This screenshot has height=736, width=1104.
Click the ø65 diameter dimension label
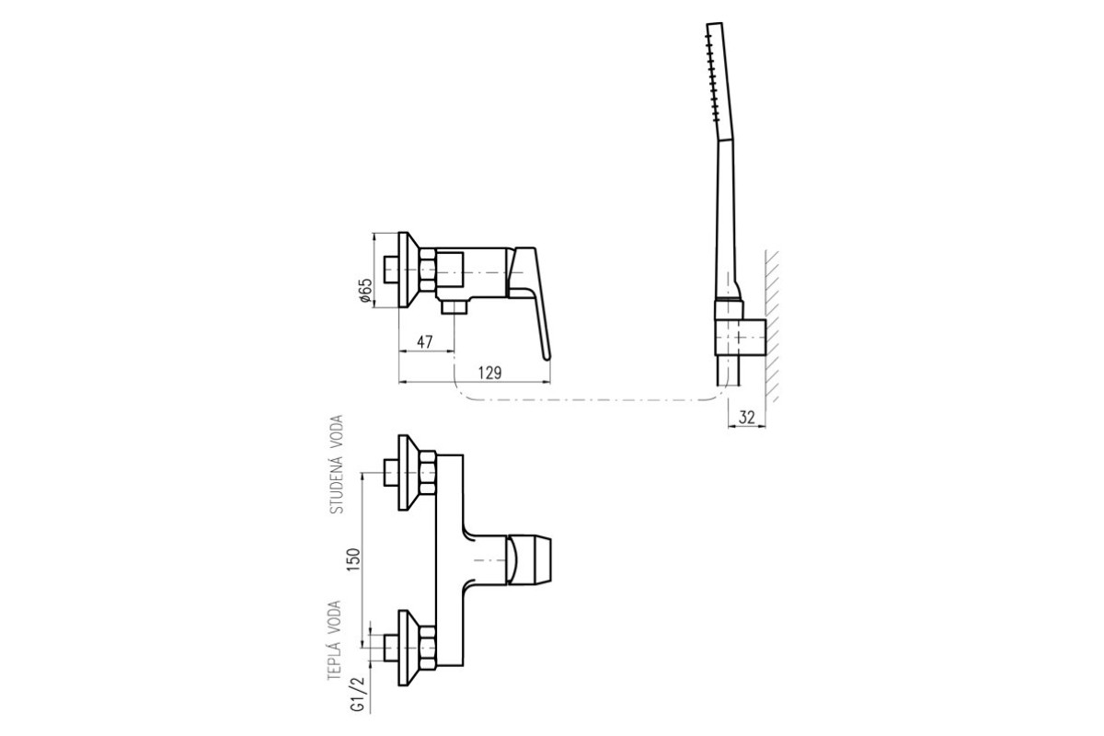[366, 291]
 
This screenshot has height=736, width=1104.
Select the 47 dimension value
[425, 341]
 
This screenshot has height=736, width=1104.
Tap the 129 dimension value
[489, 373]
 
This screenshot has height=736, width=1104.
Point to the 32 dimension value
[747, 417]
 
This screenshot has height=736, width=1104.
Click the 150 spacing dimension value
[354, 559]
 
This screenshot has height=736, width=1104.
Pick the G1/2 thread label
[359, 694]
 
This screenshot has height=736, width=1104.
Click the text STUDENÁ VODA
[337, 465]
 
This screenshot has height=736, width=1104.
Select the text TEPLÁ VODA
[335, 640]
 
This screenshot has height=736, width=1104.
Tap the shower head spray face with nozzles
[712, 74]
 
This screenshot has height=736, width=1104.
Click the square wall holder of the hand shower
[740, 337]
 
